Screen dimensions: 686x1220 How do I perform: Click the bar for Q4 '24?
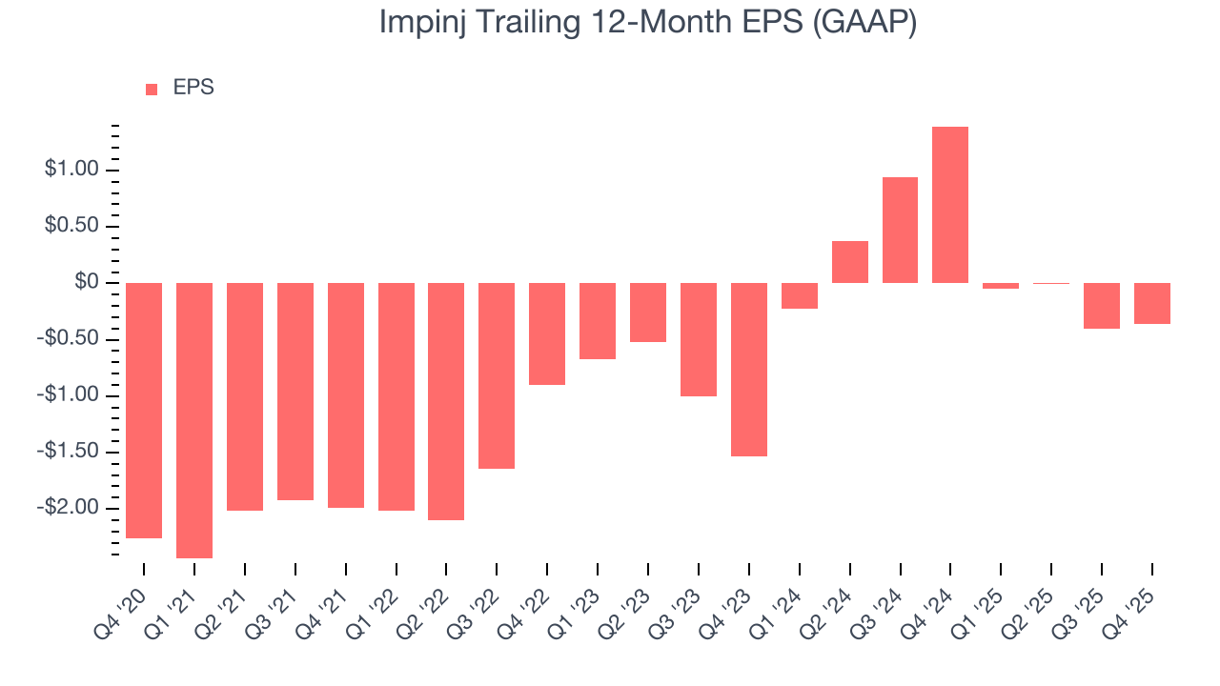[x=950, y=205]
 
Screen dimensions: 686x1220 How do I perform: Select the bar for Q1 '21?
[x=194, y=420]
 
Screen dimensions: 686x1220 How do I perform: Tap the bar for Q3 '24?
[x=900, y=230]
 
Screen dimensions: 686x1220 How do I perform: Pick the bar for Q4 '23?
[x=749, y=370]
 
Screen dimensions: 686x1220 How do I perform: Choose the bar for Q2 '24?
[x=849, y=262]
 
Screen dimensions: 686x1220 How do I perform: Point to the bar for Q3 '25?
[x=1102, y=306]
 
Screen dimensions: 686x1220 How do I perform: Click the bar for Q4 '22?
[x=547, y=333]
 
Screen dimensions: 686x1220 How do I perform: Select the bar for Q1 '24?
[x=799, y=295]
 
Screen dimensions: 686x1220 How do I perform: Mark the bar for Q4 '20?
[x=144, y=411]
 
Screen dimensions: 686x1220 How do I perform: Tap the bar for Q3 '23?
[x=699, y=339]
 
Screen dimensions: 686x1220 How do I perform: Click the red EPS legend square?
[x=152, y=89]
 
